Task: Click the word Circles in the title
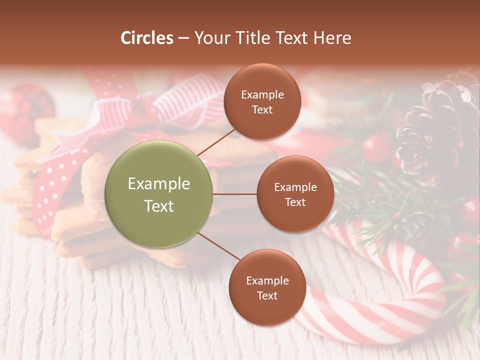pyautogui.click(x=147, y=38)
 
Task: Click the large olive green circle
pyautogui.click(x=159, y=194)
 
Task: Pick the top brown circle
pyautogui.click(x=262, y=101)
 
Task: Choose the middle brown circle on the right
pyautogui.click(x=295, y=194)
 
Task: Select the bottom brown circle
pyautogui.click(x=267, y=287)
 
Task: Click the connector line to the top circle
pyautogui.click(x=216, y=141)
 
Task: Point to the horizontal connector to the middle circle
pyautogui.click(x=235, y=194)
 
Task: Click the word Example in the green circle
pyautogui.click(x=159, y=184)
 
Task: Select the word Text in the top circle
pyautogui.click(x=262, y=109)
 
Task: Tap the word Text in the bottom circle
pyautogui.click(x=267, y=295)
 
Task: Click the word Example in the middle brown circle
pyautogui.click(x=295, y=187)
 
